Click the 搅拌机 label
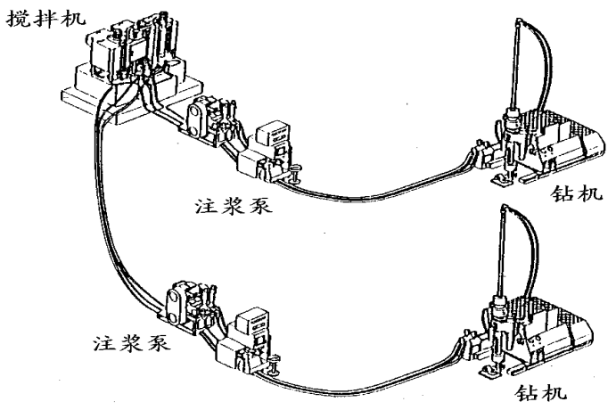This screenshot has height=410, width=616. pyautogui.click(x=46, y=19)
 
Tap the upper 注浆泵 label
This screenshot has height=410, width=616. pyautogui.click(x=234, y=205)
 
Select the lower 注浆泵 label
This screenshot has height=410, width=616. pyautogui.click(x=132, y=342)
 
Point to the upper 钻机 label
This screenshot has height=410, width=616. pyautogui.click(x=576, y=193)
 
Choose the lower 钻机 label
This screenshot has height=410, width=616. pyautogui.click(x=540, y=392)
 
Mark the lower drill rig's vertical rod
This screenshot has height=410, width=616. pyautogui.click(x=502, y=250)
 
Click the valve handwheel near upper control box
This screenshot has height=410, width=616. pyautogui.click(x=295, y=173)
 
